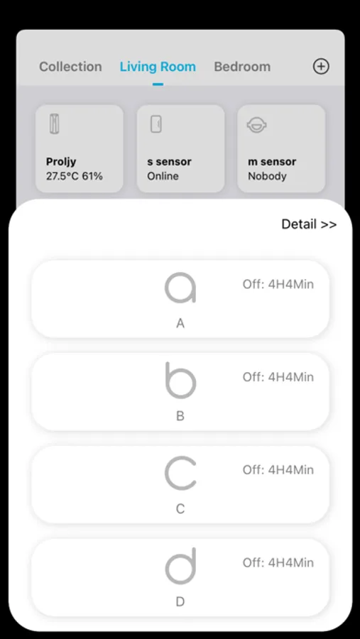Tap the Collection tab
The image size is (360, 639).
[70, 67]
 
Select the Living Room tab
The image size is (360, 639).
[158, 67]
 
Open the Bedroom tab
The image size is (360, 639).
[242, 67]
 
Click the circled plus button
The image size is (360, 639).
[321, 66]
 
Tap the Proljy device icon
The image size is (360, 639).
[54, 124]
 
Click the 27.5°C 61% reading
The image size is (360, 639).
[75, 177]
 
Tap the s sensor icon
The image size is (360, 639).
[156, 124]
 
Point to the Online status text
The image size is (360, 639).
[163, 177]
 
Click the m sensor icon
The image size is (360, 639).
[257, 125]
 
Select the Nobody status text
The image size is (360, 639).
[267, 177]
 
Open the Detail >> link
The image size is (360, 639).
[309, 224]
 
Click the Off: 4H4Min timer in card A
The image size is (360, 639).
[278, 284]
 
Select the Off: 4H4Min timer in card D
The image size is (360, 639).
[278, 563]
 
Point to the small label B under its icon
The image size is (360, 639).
[180, 416]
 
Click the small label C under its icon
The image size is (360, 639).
[180, 509]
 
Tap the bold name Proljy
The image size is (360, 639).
[61, 162]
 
